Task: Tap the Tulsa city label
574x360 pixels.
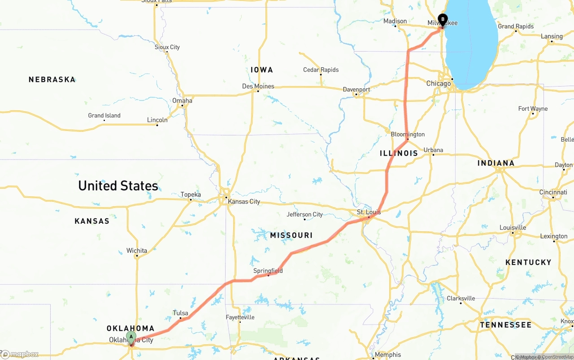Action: pyautogui.click(x=180, y=313)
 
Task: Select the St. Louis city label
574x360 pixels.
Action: pyautogui.click(x=369, y=212)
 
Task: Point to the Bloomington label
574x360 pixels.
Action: pyautogui.click(x=408, y=134)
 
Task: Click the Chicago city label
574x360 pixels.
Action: pyautogui.click(x=439, y=84)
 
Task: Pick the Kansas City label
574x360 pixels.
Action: pyautogui.click(x=244, y=202)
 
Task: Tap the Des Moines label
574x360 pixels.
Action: pyautogui.click(x=258, y=86)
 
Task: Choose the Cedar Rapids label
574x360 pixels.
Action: pyautogui.click(x=321, y=70)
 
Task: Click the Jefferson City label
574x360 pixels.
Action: pyautogui.click(x=304, y=215)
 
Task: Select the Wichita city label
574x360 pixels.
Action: pyautogui.click(x=136, y=251)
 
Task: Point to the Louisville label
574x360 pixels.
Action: pyautogui.click(x=513, y=228)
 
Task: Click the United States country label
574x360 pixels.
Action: pyautogui.click(x=118, y=186)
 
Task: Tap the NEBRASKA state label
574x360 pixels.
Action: pyautogui.click(x=52, y=80)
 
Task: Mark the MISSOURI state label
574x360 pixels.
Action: pyautogui.click(x=291, y=235)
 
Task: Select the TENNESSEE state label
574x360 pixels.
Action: pyautogui.click(x=505, y=325)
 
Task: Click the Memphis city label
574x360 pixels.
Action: pyautogui.click(x=388, y=355)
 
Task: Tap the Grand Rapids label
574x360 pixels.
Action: pyautogui.click(x=516, y=26)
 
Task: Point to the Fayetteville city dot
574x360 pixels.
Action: pyautogui.click(x=240, y=322)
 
